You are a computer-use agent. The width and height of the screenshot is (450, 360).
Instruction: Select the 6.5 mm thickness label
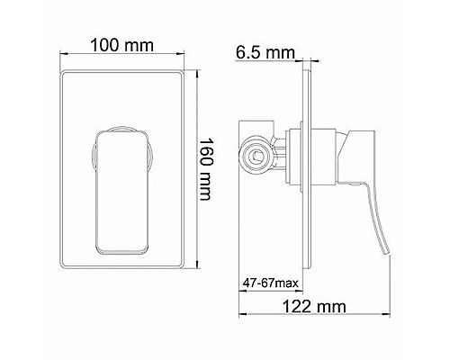point(265,51)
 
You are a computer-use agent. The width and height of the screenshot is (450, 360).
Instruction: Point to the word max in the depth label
point(286,283)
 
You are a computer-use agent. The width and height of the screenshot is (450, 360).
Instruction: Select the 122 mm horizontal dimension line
point(315,317)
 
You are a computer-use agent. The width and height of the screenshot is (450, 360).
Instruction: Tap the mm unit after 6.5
point(282,51)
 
